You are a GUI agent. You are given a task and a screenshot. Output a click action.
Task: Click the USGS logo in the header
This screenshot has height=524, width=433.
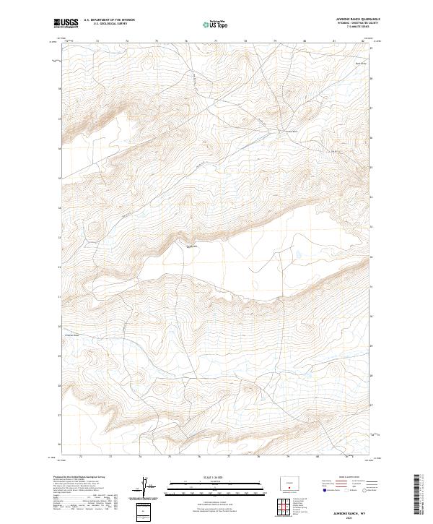click(66, 23)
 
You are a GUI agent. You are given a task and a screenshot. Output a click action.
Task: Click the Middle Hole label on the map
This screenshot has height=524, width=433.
click(192, 247)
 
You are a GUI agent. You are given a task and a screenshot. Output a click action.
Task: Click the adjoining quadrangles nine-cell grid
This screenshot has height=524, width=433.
click(286, 504)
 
